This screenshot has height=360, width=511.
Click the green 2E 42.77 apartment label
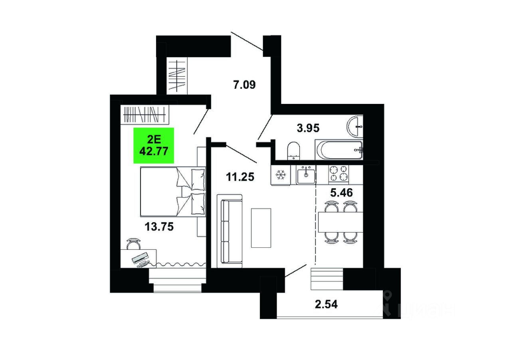coord(154,145)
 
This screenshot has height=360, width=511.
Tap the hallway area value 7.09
coord(244,85)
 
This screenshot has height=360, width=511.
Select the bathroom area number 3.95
coord(308,128)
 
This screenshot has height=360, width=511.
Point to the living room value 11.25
coord(240,177)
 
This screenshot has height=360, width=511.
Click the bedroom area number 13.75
coord(159,227)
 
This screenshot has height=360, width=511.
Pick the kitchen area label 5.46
coord(341,193)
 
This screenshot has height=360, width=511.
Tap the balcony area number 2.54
coord(326,304)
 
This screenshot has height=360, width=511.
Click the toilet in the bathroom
coord(293,151)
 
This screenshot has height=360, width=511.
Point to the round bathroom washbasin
coord(355,127)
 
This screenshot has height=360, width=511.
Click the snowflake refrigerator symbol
coord(281,175)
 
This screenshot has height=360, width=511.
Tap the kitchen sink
coord(306,175)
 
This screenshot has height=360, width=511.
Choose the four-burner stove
coord(339,174)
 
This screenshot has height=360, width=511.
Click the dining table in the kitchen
coord(341,222)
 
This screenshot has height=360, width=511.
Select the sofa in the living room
coord(230,231)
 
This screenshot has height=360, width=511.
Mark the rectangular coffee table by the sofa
coord(261,228)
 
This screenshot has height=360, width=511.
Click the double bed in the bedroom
coord(173,192)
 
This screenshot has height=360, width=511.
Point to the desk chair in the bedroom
coord(133,244)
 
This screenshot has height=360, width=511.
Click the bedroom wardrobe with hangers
coord(145,115)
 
